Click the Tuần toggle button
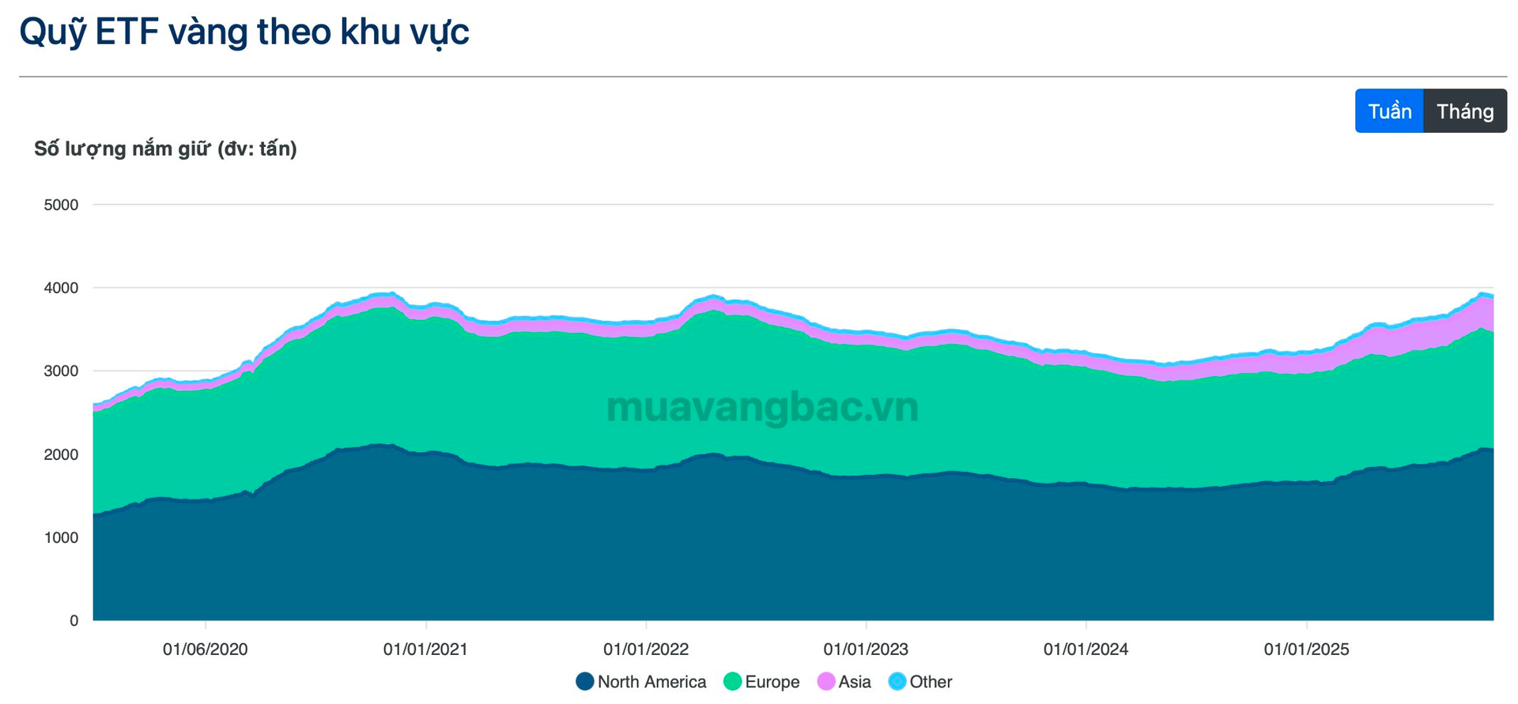1389,111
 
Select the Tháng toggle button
1465,111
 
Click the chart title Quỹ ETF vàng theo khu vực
244,32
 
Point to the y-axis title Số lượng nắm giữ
165,149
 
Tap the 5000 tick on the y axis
61,205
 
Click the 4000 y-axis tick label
61,288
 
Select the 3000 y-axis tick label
61,371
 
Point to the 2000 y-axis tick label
61,454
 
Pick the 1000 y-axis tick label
61,537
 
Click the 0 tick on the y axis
74,621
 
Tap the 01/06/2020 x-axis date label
206,649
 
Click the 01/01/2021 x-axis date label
425,649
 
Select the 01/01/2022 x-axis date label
646,649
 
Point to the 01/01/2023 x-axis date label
866,649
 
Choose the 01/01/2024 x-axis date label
1086,649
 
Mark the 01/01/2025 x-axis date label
1306,649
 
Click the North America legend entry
641,682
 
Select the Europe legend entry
761,682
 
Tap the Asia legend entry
844,682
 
